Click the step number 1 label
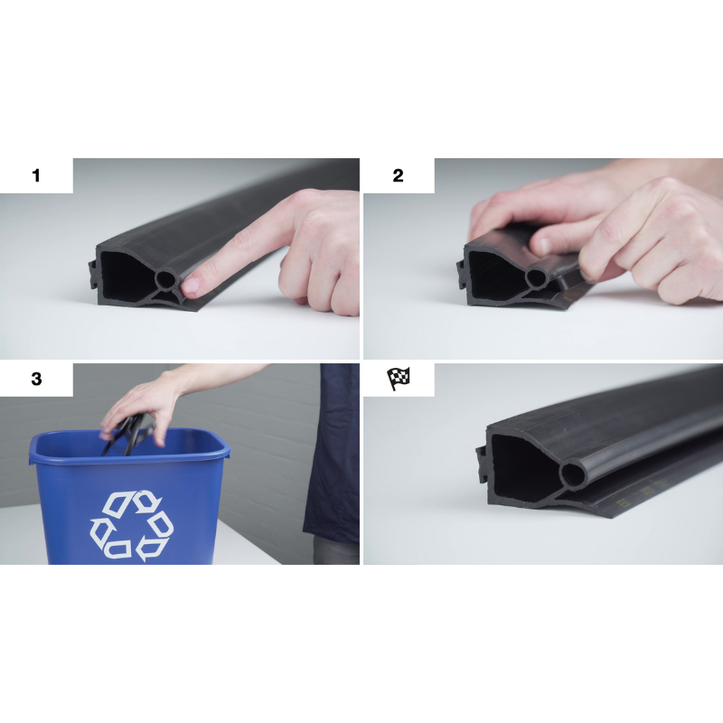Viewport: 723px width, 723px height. click(36, 175)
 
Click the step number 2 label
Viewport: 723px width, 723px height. click(398, 175)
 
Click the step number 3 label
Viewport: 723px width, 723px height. click(36, 379)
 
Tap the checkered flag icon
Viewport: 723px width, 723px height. click(399, 379)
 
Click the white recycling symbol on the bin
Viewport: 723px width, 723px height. click(132, 525)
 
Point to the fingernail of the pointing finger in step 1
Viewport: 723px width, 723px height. click(191, 286)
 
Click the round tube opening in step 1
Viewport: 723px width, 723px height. click(164, 279)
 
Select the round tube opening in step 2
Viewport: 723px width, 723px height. click(535, 278)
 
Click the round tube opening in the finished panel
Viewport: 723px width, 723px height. click(572, 475)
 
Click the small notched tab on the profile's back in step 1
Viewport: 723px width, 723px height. click(93, 275)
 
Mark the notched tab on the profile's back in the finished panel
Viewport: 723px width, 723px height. click(482, 465)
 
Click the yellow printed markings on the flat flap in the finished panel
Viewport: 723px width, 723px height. click(641, 493)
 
